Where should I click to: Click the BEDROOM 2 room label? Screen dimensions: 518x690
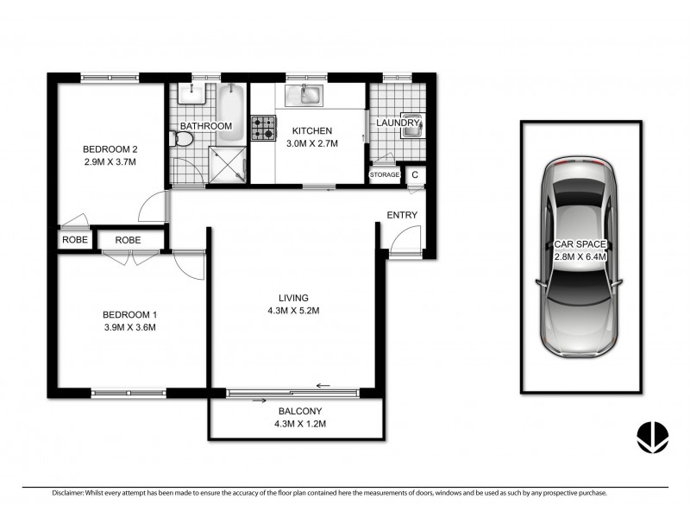click(x=110, y=147)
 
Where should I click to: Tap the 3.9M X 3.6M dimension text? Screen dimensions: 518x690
click(x=129, y=327)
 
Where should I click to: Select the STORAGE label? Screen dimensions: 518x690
click(x=385, y=175)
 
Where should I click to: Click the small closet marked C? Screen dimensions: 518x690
click(x=415, y=175)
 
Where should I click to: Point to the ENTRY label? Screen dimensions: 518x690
click(x=402, y=215)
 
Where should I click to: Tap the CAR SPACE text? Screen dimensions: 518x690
click(x=580, y=245)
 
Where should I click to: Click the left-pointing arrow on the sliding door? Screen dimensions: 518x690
click(x=324, y=386)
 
